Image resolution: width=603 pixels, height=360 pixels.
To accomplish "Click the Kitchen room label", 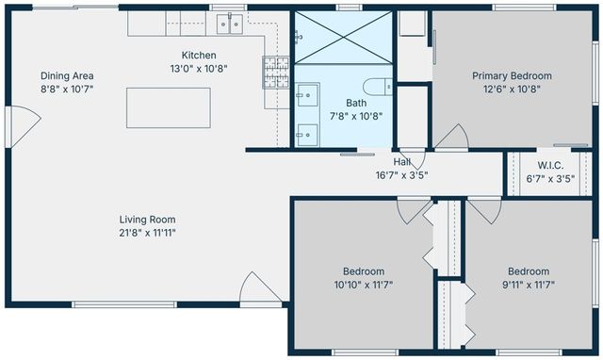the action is [x=199, y=55].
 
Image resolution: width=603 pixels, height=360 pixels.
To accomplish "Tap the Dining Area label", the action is [x=67, y=75].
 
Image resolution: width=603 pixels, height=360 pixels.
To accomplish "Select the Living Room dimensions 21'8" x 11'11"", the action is [x=147, y=233].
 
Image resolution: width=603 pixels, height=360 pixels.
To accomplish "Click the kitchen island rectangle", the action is [x=169, y=107].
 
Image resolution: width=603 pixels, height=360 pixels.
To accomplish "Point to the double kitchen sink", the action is [x=230, y=24].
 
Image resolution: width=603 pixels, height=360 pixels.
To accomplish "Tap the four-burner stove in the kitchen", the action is [x=276, y=72].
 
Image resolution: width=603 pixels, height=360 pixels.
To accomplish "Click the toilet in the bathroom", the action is [x=378, y=87].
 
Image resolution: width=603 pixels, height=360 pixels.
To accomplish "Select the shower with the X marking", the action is [x=343, y=38].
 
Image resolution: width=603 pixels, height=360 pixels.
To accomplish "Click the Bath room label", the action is [x=356, y=103].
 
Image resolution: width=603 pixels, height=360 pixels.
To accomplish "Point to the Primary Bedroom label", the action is [x=512, y=75].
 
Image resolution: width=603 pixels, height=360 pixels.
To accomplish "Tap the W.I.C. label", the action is [x=550, y=165].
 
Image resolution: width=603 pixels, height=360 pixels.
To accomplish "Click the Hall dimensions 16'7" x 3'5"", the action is [x=402, y=175].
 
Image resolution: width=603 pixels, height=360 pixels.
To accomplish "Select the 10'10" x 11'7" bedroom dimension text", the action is [x=364, y=285].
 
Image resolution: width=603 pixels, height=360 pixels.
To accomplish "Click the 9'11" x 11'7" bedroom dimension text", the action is [x=529, y=285].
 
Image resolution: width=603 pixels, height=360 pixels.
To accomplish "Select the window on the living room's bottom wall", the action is [x=124, y=304].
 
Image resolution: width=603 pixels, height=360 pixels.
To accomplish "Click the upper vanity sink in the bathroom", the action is [x=308, y=95].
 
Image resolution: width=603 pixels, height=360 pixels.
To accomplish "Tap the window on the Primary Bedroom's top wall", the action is [x=524, y=8].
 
